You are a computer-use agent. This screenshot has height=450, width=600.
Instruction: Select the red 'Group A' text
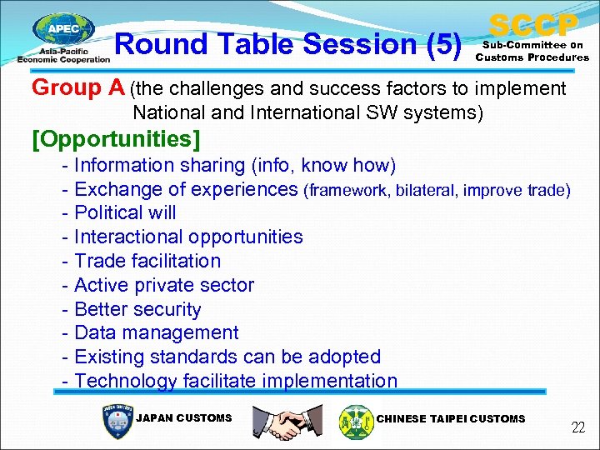click(x=78, y=87)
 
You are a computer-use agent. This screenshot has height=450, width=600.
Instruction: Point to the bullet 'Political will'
click(x=125, y=212)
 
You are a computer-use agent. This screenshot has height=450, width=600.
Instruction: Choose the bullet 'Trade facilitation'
click(x=147, y=261)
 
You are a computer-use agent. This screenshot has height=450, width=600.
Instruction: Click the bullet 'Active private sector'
click(x=164, y=285)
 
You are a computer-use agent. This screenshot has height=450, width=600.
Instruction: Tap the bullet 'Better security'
click(x=137, y=309)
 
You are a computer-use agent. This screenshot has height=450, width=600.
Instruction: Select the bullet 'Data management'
click(x=156, y=332)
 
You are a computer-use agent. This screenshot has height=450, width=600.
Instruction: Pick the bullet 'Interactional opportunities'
click(x=188, y=237)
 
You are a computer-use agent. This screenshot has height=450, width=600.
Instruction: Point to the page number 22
click(x=577, y=428)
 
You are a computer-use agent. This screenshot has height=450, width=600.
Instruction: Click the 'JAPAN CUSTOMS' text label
click(x=183, y=418)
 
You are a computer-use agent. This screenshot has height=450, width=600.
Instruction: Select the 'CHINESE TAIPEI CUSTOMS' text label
click(x=451, y=418)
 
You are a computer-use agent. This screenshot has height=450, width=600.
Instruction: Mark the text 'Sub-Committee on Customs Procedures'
click(x=532, y=52)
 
